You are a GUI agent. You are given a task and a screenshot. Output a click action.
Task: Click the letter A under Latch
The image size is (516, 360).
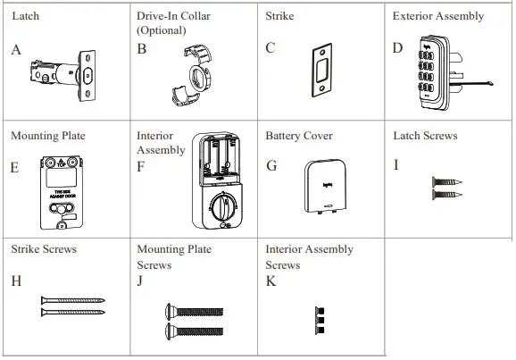(16, 50)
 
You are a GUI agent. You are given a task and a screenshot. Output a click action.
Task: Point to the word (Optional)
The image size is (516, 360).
(162, 30)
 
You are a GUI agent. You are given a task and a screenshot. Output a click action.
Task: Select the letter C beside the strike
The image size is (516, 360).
(270, 48)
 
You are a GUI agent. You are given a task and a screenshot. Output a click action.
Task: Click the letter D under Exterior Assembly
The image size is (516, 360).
(398, 47)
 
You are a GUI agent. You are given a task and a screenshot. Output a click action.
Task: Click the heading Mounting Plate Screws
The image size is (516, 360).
(173, 256)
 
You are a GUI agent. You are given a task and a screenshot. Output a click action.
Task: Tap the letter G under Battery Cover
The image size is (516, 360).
(271, 165)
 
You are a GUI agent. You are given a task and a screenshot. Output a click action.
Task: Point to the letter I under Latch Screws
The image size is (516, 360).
(396, 165)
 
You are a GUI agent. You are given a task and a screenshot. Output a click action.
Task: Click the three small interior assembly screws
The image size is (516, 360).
(319, 317)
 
